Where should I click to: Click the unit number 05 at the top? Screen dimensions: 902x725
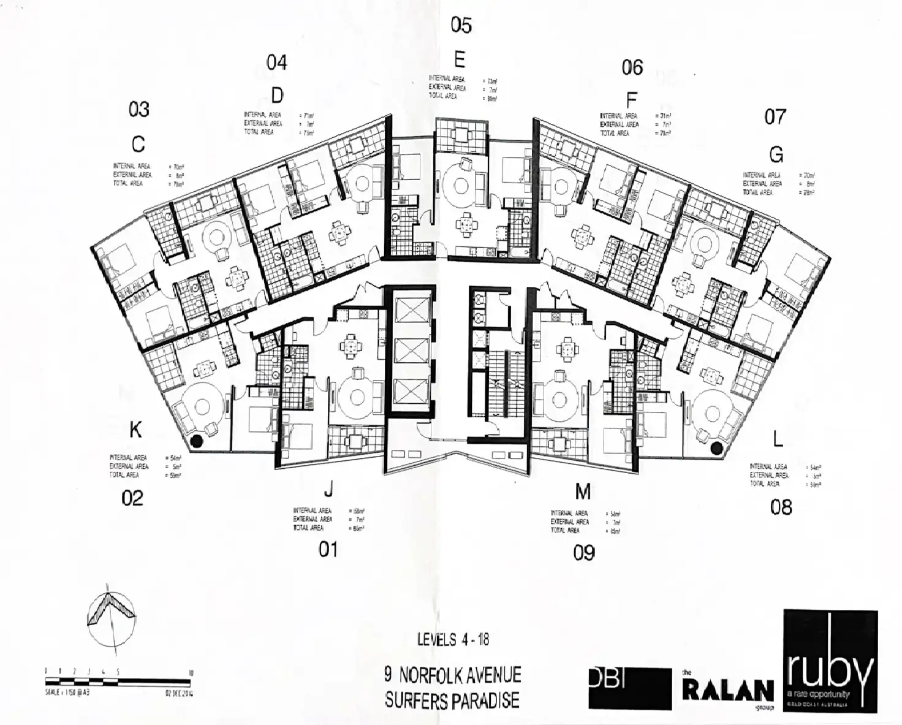tap(461, 25)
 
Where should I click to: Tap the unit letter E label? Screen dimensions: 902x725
tap(460, 59)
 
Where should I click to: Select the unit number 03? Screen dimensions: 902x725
tap(139, 109)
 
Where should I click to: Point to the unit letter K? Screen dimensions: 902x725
tap(135, 430)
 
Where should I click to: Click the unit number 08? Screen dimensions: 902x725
tap(781, 507)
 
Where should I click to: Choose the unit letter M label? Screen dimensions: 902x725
tap(583, 491)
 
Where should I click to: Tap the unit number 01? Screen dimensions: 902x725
tap(328, 550)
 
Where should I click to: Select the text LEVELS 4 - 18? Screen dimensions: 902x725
tap(453, 640)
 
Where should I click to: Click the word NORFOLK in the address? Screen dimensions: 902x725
tap(437, 675)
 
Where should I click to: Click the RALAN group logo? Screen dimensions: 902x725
tap(727, 691)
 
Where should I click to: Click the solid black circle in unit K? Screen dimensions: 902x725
tap(197, 441)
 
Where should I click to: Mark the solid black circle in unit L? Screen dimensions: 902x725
tap(715, 449)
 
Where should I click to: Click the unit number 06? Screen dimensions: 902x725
tap(632, 67)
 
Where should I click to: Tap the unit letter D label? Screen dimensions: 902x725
tap(277, 96)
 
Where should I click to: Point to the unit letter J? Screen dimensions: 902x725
tap(328, 488)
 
